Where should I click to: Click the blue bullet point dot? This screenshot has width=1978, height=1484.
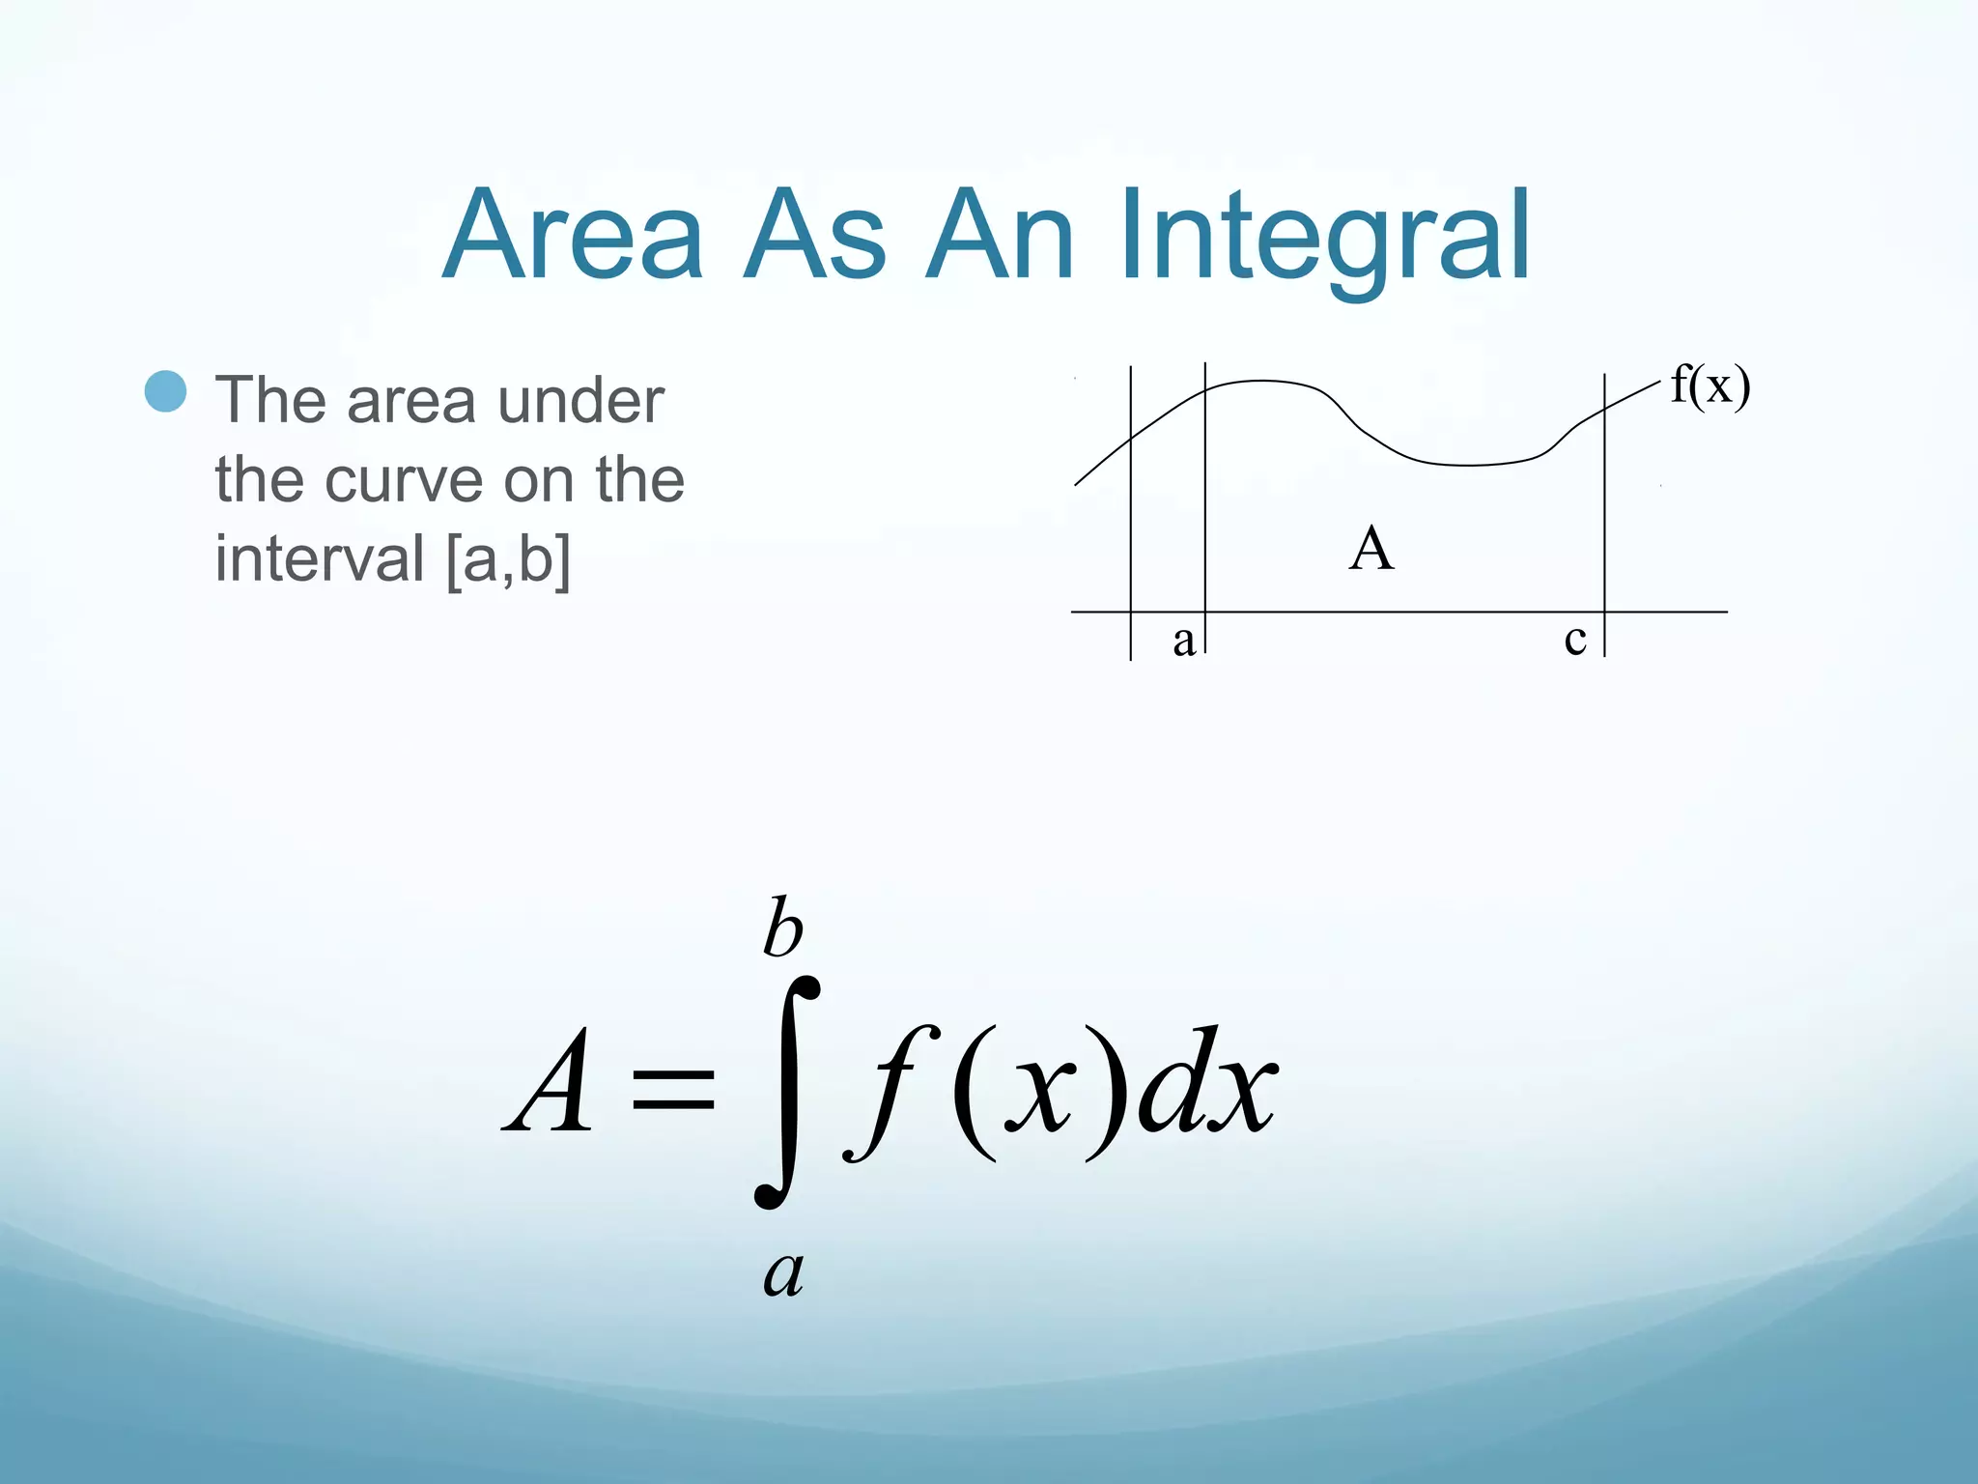point(165,391)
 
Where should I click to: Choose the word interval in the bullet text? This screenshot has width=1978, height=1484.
point(320,559)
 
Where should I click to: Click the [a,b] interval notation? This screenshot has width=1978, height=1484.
point(508,559)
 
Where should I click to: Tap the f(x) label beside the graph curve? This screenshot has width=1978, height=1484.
point(1710,386)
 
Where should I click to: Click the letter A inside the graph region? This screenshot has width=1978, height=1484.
point(1371,550)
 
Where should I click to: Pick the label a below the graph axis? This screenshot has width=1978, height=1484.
point(1184,641)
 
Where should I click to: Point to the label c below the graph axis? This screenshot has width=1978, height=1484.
point(1575,639)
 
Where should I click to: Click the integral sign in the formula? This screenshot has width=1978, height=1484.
point(787,1092)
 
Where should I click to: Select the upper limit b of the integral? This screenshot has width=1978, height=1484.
point(782,927)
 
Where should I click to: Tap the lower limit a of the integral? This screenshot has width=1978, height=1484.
point(783,1273)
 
